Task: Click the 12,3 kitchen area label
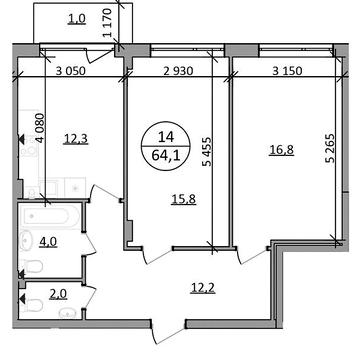[75, 139]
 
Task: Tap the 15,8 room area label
[184, 199]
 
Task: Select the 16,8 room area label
[282, 150]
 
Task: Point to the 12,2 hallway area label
[204, 287]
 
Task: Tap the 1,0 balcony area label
[77, 19]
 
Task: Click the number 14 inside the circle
[166, 137]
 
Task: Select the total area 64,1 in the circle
[166, 155]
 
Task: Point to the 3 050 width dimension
[71, 71]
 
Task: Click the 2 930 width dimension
[177, 71]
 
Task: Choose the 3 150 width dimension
[286, 71]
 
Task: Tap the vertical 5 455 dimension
[206, 151]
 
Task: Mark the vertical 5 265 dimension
[330, 149]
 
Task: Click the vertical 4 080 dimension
[40, 128]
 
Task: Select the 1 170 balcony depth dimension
[107, 23]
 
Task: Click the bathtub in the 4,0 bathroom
[49, 218]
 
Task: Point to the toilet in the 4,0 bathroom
[32, 267]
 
